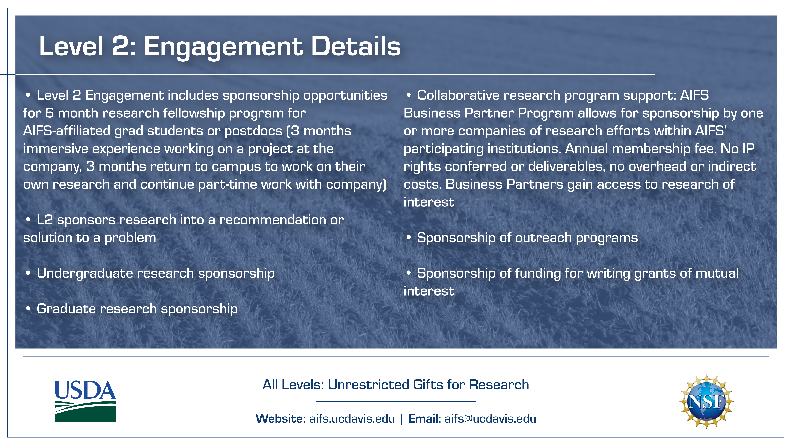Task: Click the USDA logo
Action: point(86,401)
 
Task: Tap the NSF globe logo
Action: point(706,401)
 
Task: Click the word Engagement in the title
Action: point(223,47)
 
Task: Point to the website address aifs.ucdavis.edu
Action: point(352,419)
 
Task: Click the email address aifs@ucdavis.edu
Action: point(490,419)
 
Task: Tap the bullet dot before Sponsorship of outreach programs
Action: point(409,237)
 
